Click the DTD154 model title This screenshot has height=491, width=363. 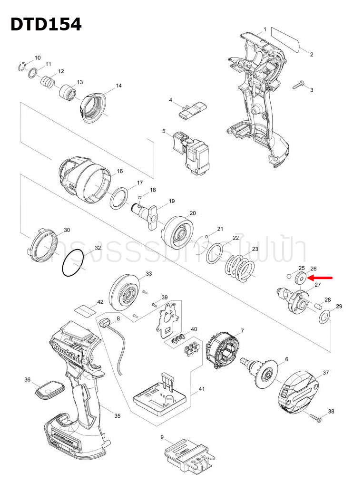(46, 24)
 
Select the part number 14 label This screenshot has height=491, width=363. (118, 86)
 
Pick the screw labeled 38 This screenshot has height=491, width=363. (315, 417)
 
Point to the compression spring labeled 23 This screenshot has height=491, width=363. (241, 268)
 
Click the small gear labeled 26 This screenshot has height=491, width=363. (300, 279)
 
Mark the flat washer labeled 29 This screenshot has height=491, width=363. (324, 318)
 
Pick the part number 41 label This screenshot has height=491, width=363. (201, 389)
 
